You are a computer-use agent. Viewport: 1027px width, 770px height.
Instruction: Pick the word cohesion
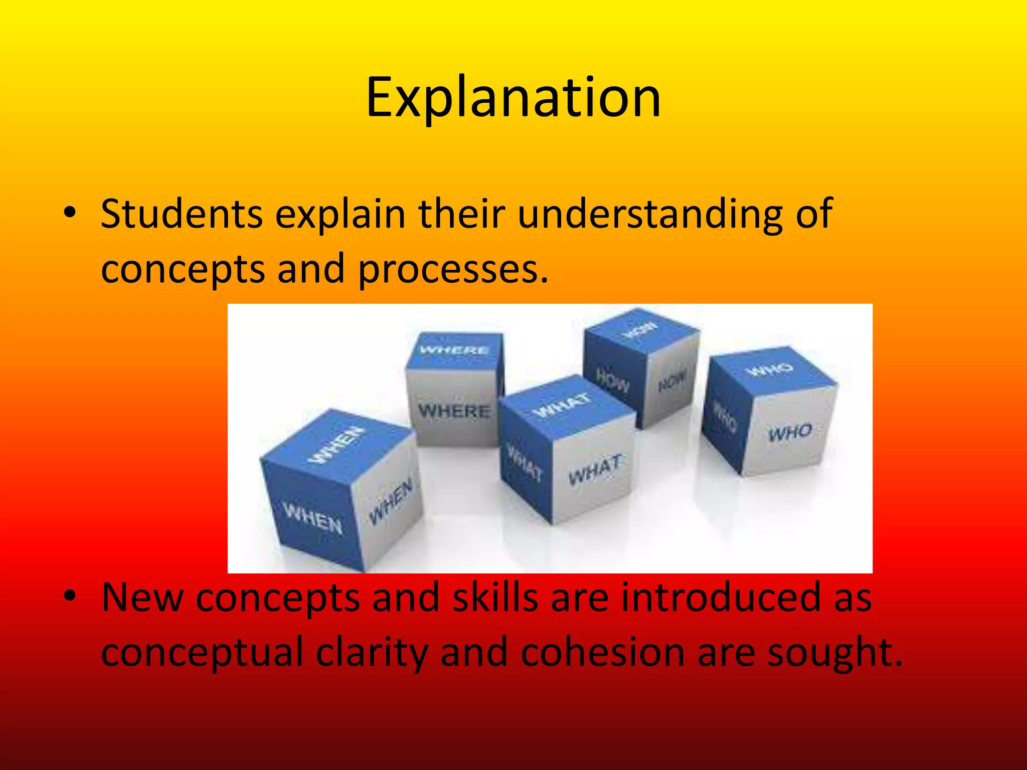pos(603,652)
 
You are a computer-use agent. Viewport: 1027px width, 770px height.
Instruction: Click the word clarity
pos(372,652)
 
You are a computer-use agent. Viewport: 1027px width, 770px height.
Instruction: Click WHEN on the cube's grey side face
pos(391,501)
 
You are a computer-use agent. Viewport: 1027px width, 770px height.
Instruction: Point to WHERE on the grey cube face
pos(454,411)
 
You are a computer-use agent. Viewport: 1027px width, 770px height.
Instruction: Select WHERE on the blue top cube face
pos(454,350)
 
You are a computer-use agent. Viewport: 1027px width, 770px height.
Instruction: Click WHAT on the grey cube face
pos(595,469)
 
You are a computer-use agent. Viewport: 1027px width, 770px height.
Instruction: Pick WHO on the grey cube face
pos(791,432)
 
